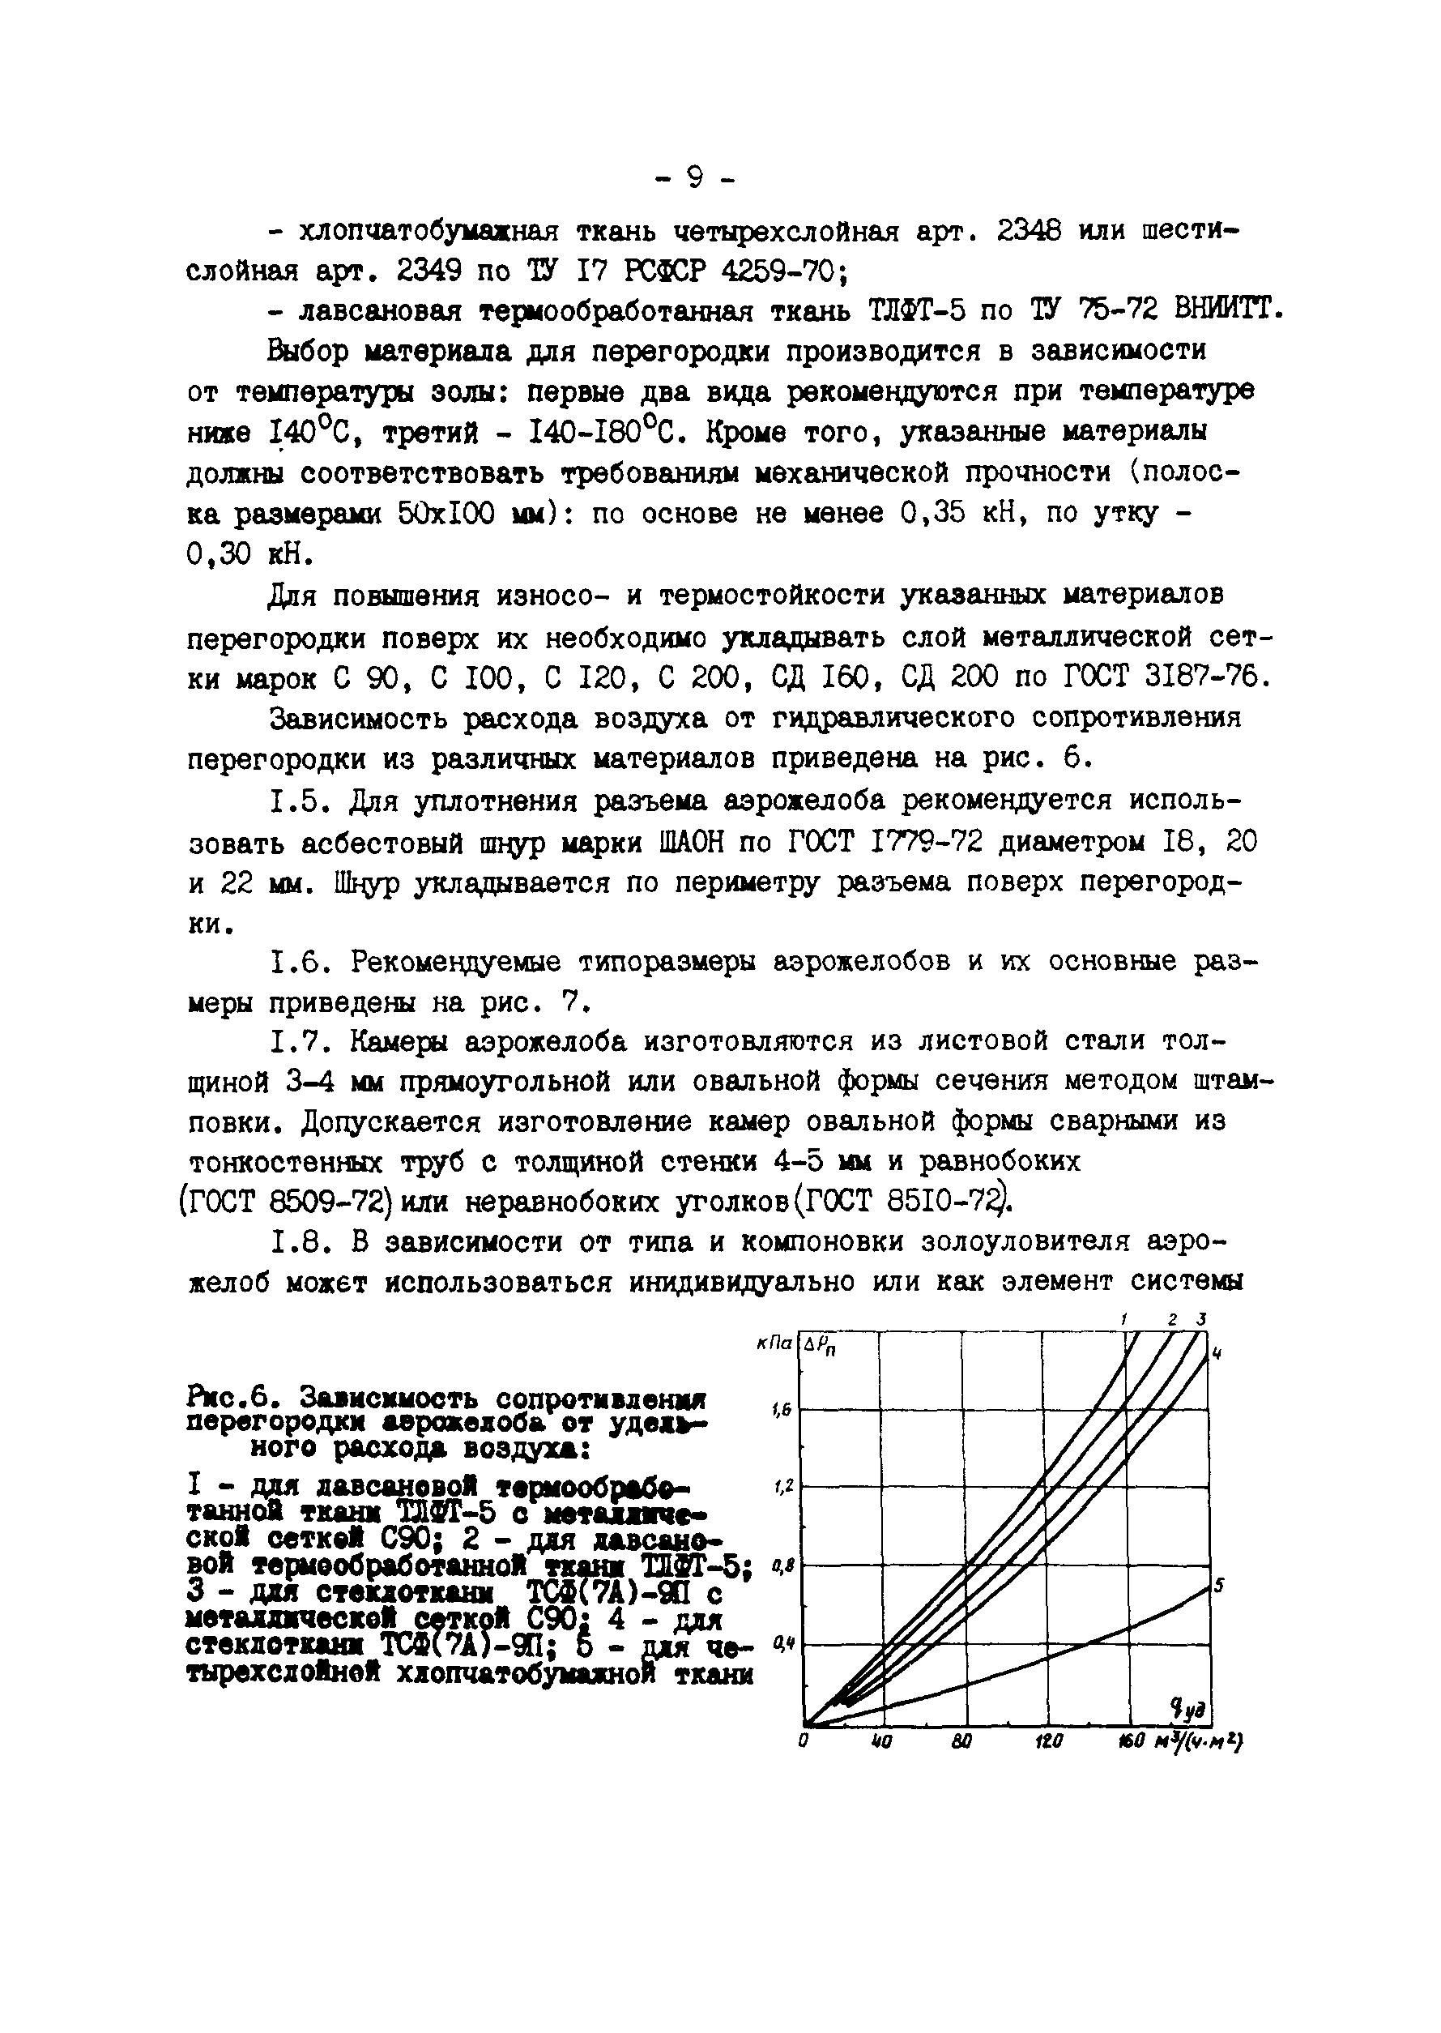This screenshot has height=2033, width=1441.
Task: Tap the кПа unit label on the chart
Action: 774,1345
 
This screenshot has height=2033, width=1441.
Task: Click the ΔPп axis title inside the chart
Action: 821,1349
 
